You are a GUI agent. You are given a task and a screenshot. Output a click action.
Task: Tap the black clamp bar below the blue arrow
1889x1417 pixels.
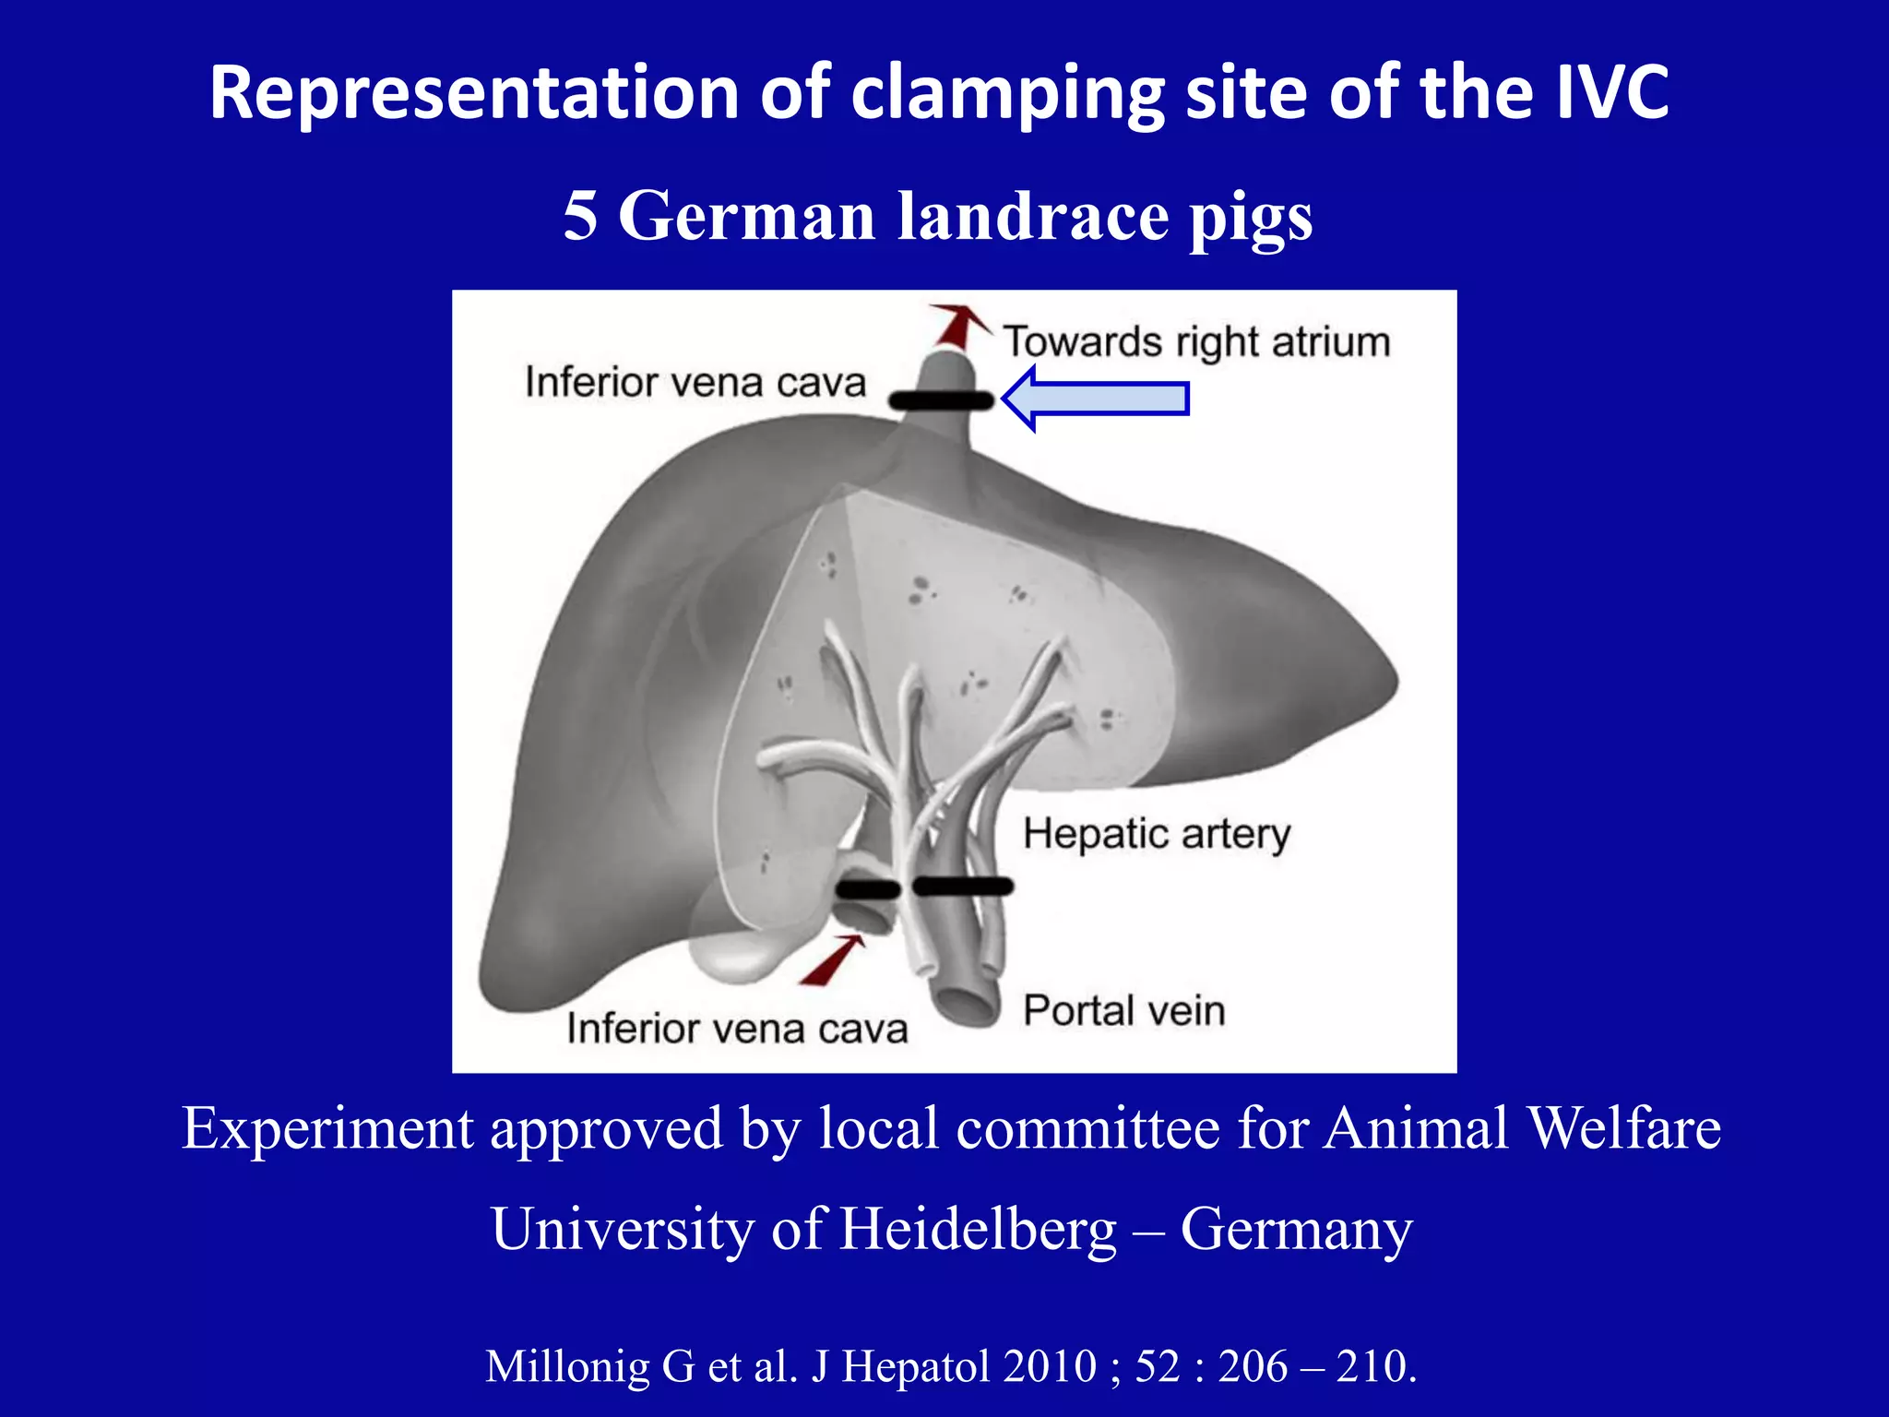tap(941, 400)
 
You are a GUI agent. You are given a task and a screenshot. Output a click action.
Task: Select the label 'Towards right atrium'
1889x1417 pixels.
tap(1196, 342)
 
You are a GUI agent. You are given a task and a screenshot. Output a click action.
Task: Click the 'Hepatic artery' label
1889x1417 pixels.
tap(1157, 834)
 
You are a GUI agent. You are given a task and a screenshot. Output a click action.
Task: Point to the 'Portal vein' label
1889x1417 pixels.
tap(1124, 1010)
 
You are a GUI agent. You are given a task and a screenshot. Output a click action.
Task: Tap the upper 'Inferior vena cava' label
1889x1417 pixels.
tap(695, 382)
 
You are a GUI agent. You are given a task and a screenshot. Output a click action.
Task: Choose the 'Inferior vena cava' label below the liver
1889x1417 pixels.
tap(737, 1029)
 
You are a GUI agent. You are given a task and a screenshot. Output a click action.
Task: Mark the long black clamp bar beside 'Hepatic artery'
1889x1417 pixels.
tap(963, 887)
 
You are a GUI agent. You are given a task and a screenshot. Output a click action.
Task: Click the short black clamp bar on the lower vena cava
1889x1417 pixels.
tap(867, 889)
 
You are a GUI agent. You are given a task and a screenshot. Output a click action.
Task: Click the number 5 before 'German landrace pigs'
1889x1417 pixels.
tap(580, 216)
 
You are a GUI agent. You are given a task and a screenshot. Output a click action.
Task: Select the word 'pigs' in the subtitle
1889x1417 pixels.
tap(1251, 218)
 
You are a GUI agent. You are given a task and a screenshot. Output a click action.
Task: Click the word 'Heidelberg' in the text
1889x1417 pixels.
tap(978, 1229)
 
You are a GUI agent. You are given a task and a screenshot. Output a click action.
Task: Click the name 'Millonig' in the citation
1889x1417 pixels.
tap(567, 1366)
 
